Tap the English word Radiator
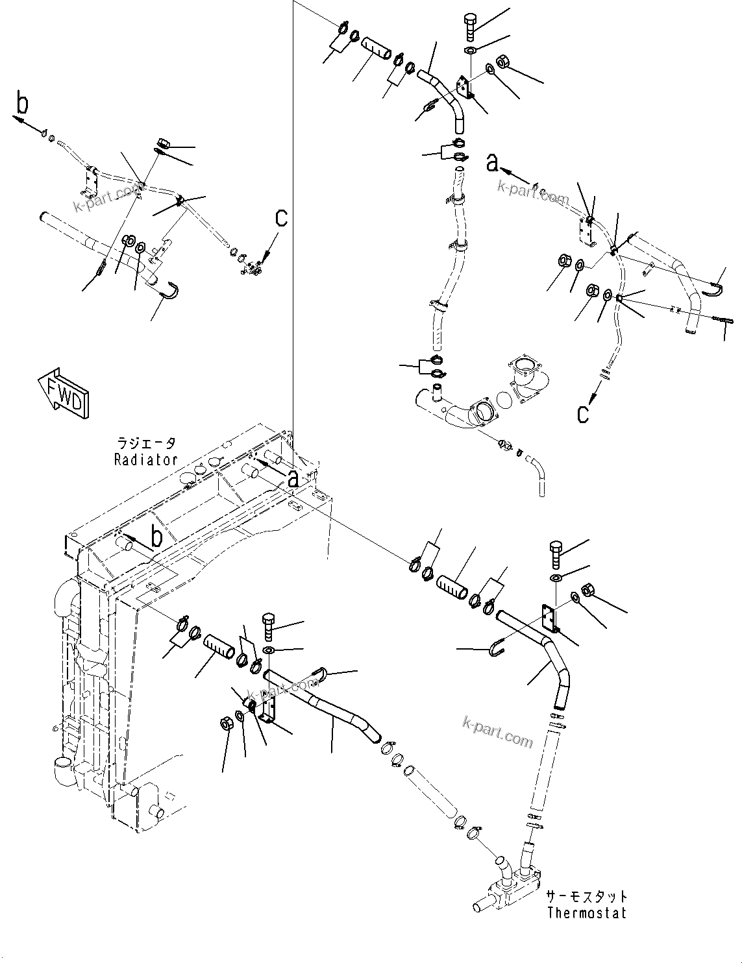point(146,459)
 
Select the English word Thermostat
point(586,912)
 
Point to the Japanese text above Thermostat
point(586,896)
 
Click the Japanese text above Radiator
point(146,444)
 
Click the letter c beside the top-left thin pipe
point(280,218)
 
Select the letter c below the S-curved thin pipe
point(583,413)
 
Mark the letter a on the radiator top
point(293,478)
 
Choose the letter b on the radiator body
point(156,537)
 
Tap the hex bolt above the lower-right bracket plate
point(558,551)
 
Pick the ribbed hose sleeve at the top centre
point(376,51)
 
